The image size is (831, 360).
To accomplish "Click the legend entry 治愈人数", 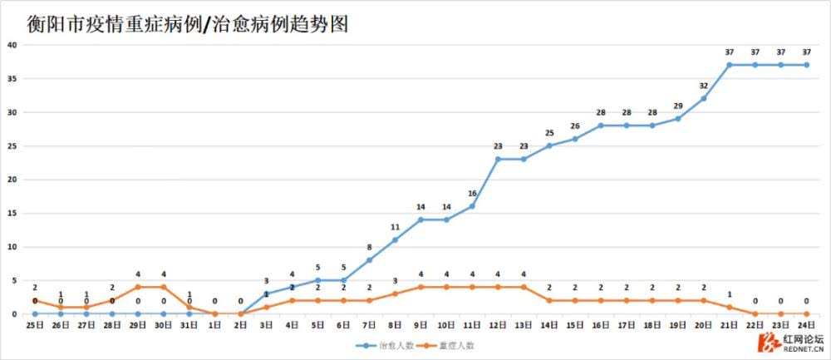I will tap(391, 344).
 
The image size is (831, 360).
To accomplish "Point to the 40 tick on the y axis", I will tap(12, 45).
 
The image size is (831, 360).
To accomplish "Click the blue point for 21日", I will tap(730, 65).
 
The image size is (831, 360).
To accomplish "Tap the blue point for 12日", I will tap(498, 159).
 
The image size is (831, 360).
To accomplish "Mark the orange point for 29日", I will tap(138, 287).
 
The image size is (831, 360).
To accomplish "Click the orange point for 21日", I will tap(730, 307).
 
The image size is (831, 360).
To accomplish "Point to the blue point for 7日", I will tap(369, 260).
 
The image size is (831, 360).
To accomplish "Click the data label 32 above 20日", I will tap(704, 86).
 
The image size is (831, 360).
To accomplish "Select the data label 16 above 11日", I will tap(472, 194).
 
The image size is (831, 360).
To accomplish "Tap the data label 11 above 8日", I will tap(395, 227).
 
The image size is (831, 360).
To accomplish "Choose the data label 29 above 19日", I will tap(678, 106).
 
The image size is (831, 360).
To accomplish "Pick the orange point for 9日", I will tap(420, 287).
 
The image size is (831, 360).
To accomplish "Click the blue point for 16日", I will tap(601, 126).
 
